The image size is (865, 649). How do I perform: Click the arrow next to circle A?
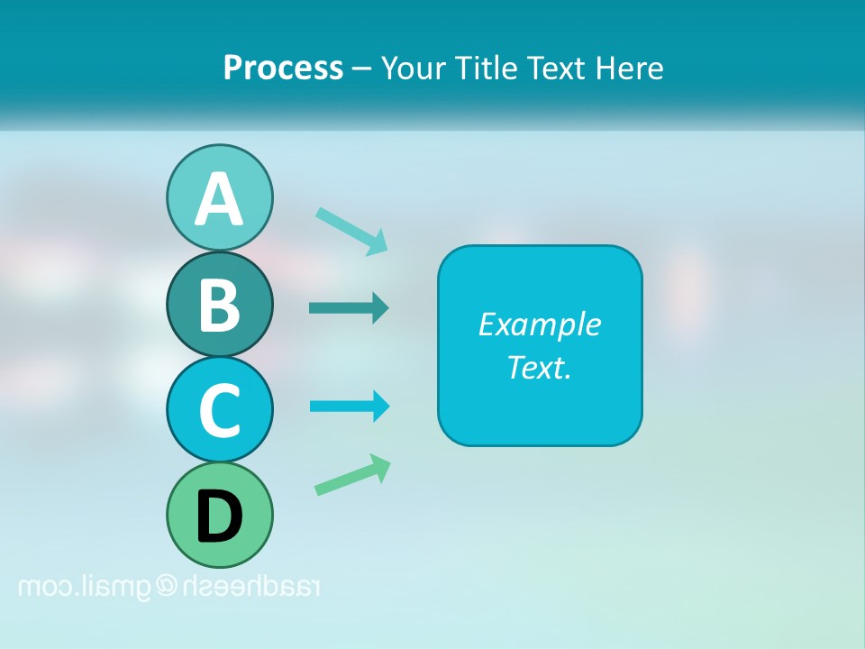[351, 230]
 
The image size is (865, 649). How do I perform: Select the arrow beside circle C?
[350, 406]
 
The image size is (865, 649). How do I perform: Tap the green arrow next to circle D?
[352, 475]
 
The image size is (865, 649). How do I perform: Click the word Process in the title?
[283, 68]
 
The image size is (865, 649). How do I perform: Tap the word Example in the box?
[539, 324]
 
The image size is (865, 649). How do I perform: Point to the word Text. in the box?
[539, 368]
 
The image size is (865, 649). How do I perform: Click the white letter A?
[219, 198]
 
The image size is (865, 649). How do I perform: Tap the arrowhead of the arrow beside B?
[380, 308]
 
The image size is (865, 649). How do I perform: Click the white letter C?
[219, 411]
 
